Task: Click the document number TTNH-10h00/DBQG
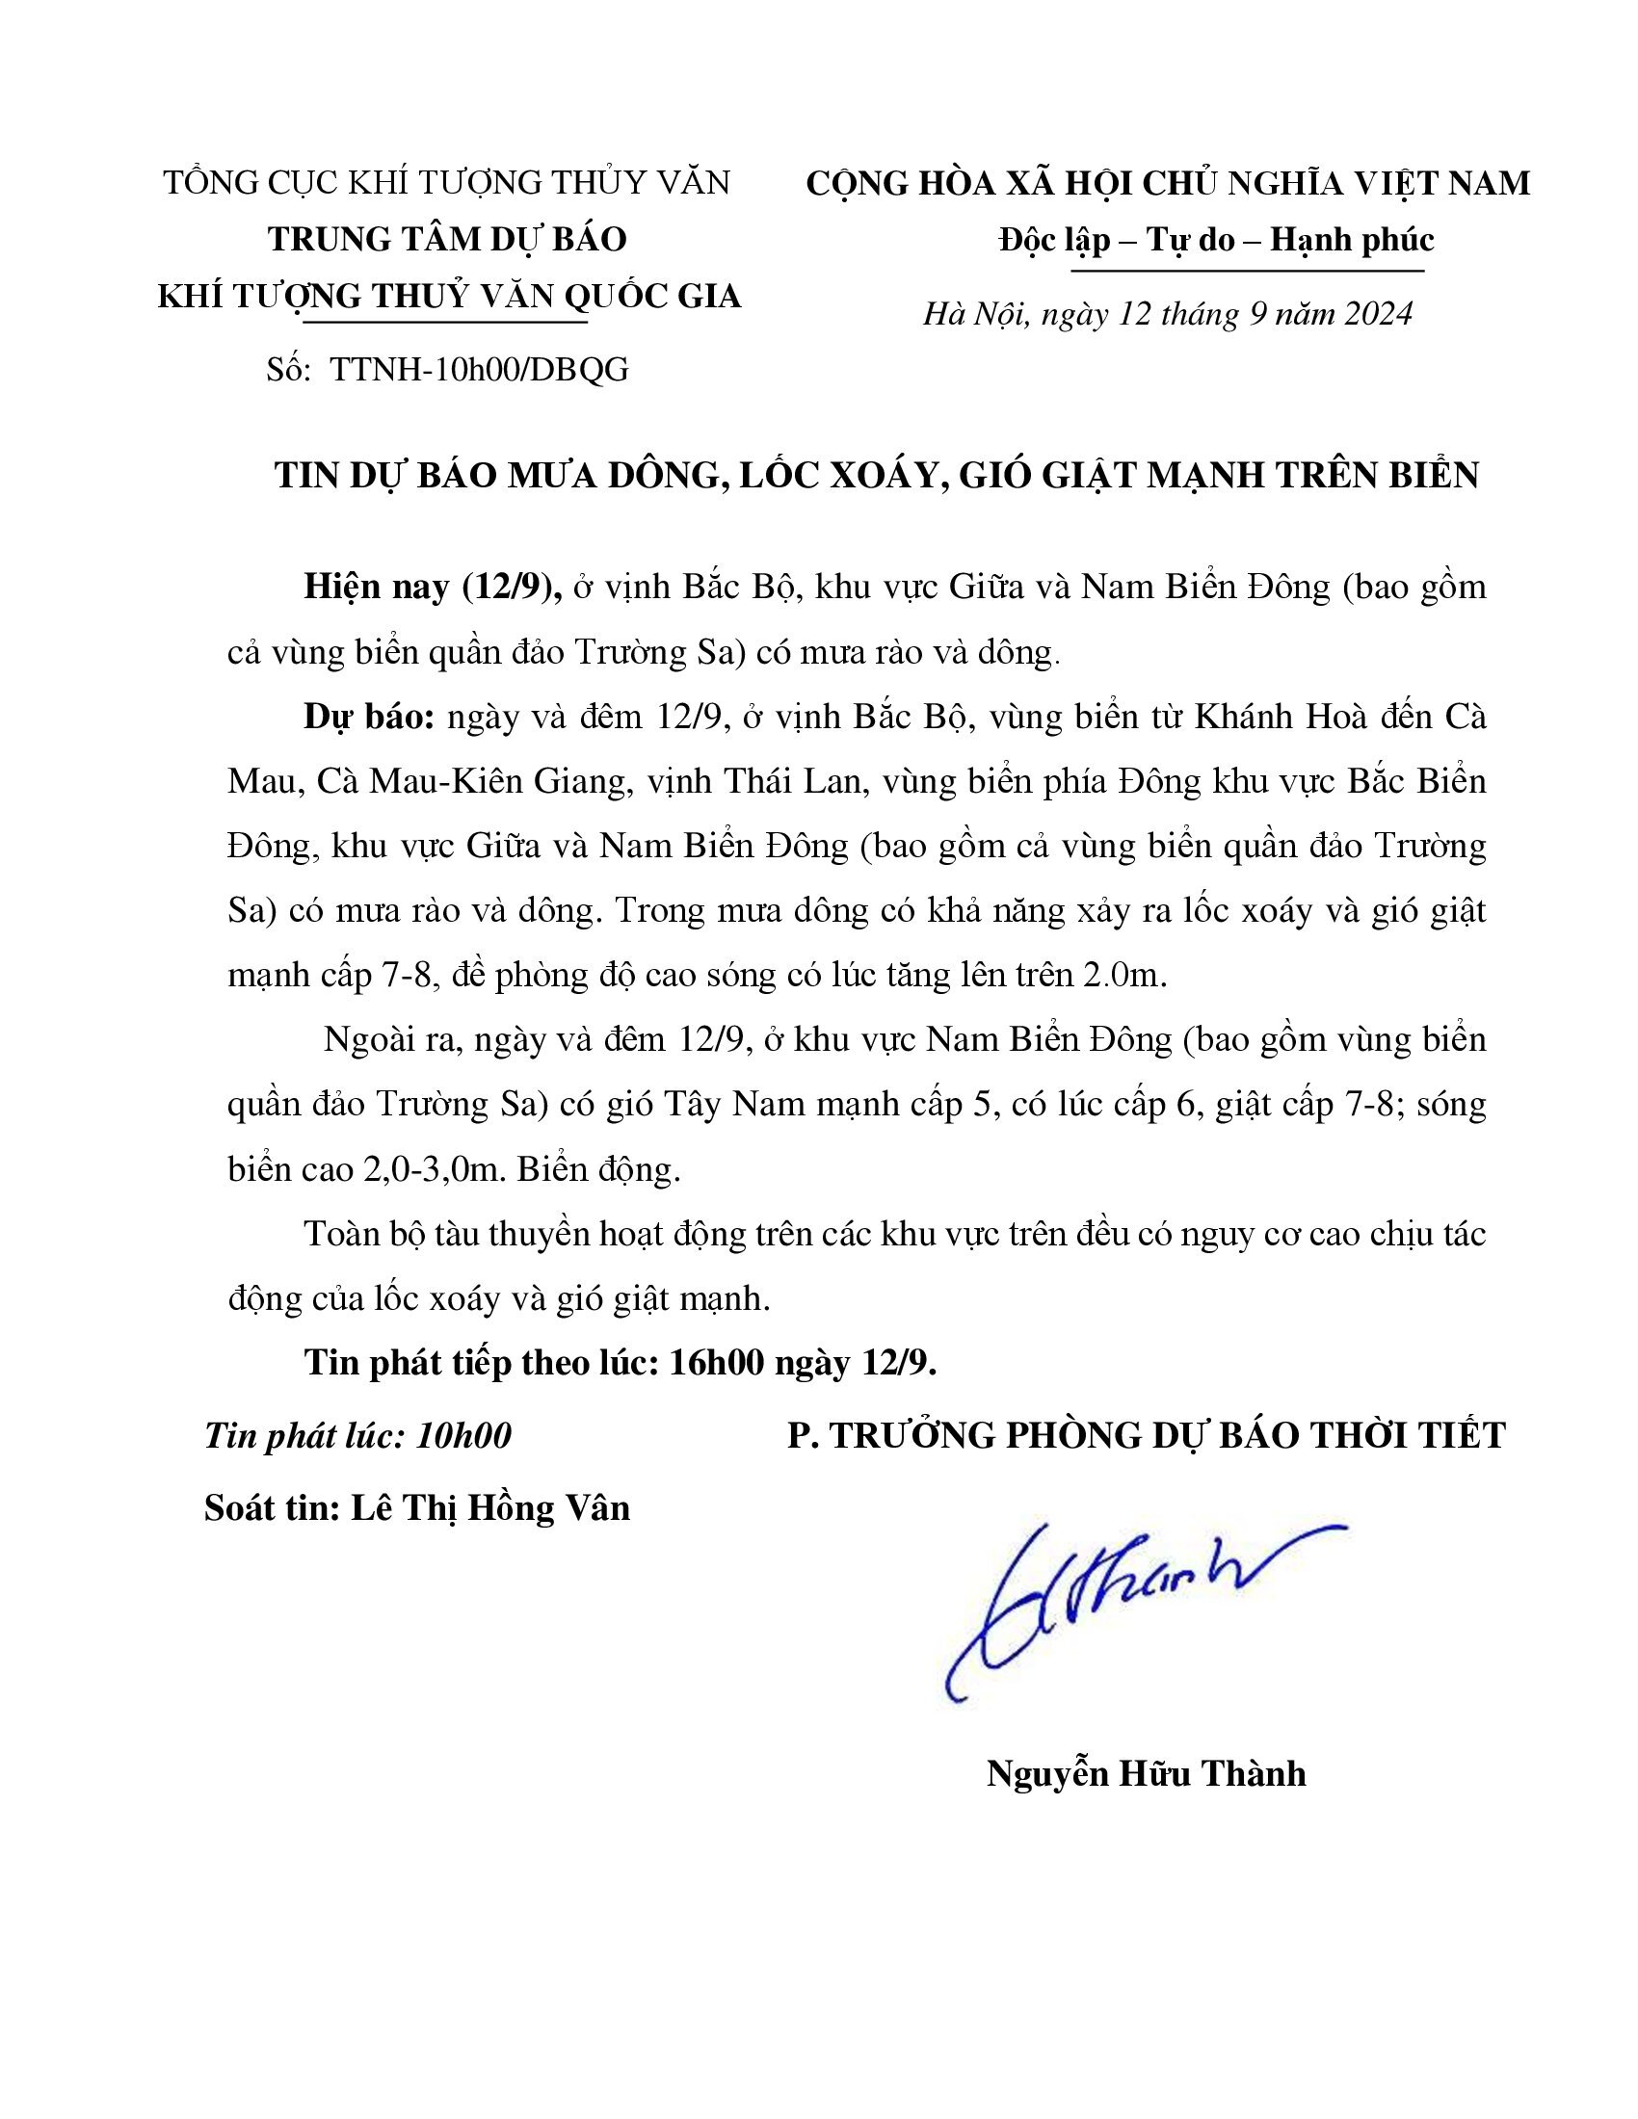[480, 370]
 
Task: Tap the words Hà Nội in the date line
[973, 313]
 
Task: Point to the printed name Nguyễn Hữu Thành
[1146, 1773]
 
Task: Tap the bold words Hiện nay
[376, 587]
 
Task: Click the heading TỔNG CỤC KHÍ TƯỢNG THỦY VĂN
[446, 182]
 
